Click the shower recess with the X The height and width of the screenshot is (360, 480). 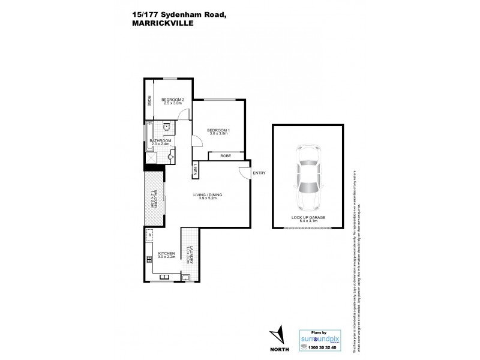tap(149, 157)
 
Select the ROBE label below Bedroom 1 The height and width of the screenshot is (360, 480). tap(225, 155)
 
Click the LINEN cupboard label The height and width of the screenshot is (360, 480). tap(196, 170)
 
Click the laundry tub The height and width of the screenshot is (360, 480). tap(187, 277)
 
